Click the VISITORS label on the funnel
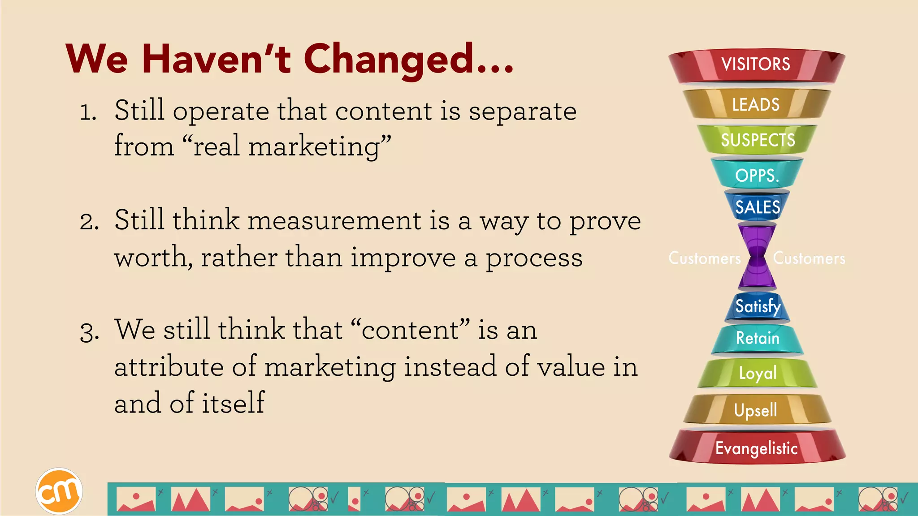tap(756, 64)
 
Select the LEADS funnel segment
tap(756, 104)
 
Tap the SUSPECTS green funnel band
tap(758, 140)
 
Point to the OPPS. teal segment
tap(757, 175)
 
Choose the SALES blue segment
tap(758, 207)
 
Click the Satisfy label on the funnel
tap(758, 306)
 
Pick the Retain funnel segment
tap(758, 338)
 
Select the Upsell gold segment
tap(756, 410)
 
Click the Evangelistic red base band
tap(757, 448)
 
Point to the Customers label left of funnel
tap(705, 258)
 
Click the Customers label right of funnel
tap(809, 258)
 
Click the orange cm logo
tap(59, 491)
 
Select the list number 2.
tap(89, 222)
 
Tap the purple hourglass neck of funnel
tap(757, 257)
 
